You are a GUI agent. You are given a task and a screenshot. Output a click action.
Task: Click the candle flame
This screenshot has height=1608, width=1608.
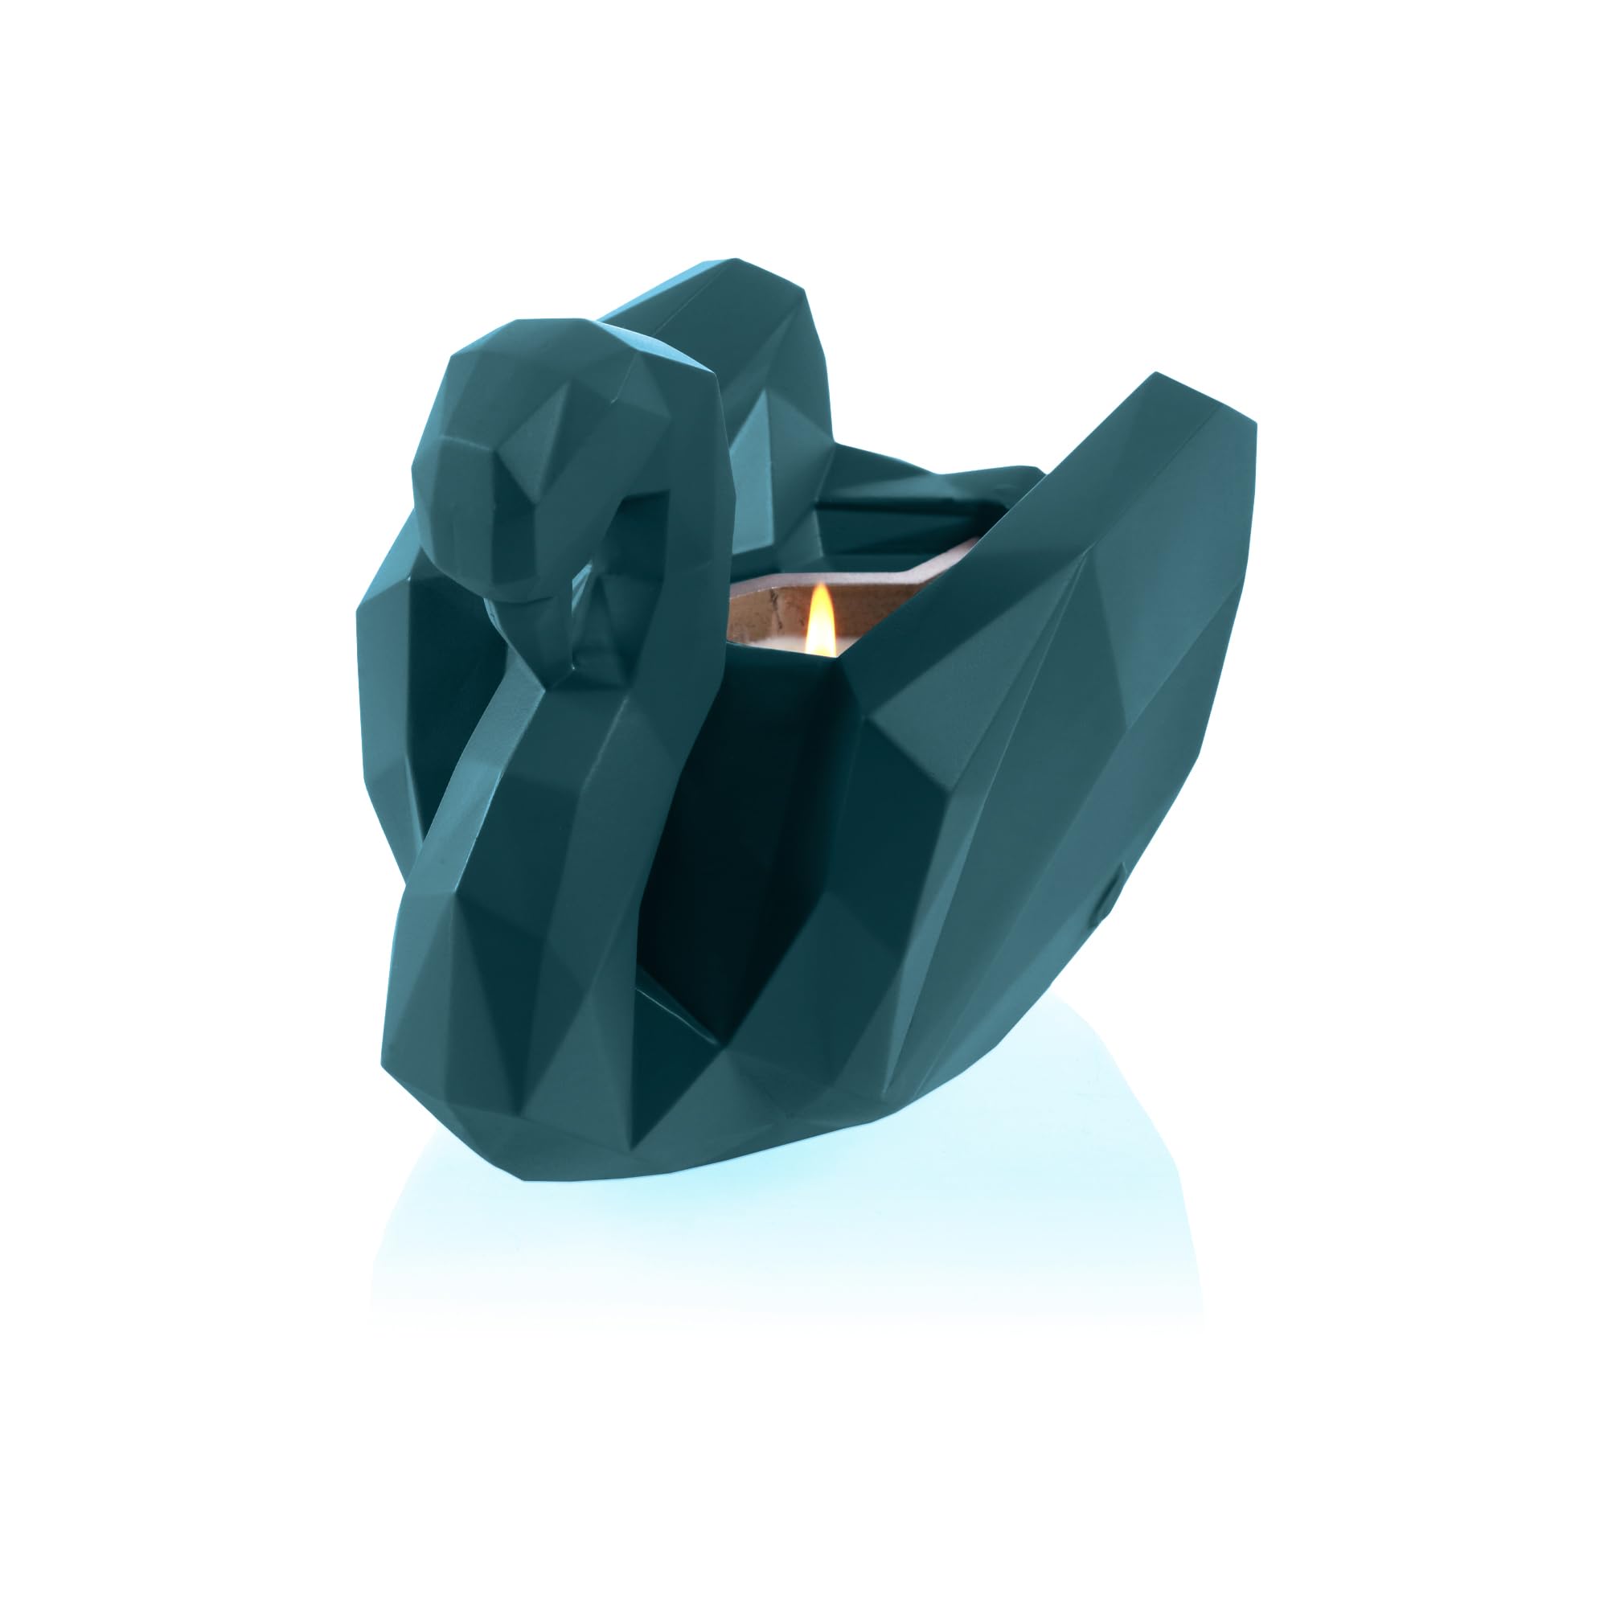coord(820,624)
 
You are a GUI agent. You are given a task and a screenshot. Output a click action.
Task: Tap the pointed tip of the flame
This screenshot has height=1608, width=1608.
coord(822,586)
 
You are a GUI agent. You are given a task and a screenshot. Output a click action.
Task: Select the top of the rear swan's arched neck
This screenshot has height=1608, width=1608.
coord(732,275)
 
